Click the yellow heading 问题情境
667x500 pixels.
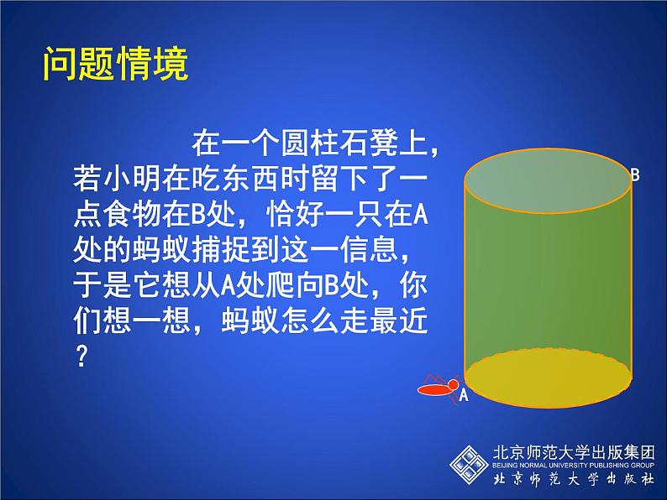115,65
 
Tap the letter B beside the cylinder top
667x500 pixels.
635,175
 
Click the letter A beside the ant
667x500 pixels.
462,397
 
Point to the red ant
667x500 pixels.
439,388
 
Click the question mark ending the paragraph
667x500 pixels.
81,356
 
